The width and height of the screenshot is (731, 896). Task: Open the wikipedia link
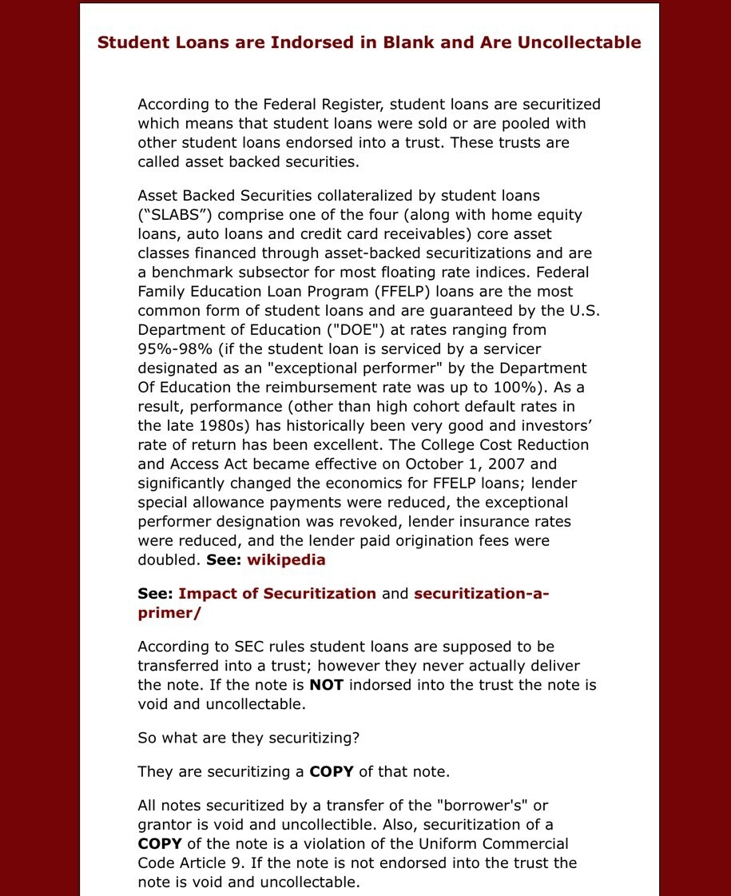286,560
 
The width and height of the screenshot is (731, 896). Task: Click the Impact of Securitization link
277,593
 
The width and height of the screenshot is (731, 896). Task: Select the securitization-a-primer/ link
344,603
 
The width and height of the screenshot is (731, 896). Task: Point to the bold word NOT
326,685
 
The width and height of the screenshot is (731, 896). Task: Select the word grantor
163,824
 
